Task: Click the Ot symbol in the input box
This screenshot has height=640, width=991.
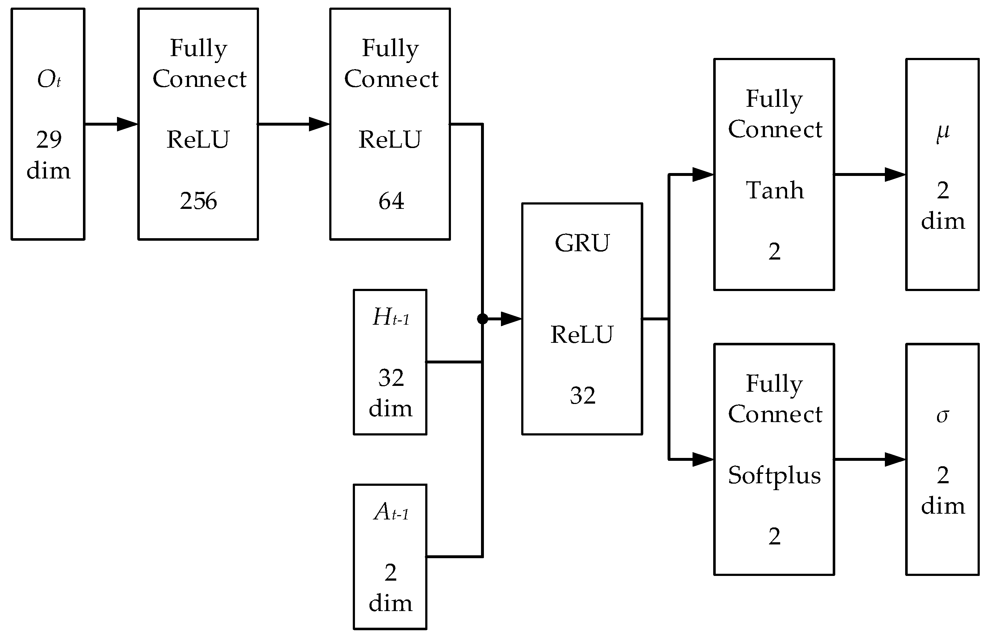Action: pyautogui.click(x=49, y=79)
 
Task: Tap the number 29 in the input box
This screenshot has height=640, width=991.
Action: pyautogui.click(x=49, y=139)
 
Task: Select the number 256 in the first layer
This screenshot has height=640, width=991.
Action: pyautogui.click(x=198, y=201)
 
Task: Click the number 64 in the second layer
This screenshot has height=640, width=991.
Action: pyautogui.click(x=390, y=201)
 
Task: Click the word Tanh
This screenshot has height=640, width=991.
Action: pyautogui.click(x=774, y=190)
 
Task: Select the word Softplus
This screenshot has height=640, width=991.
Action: pyautogui.click(x=774, y=475)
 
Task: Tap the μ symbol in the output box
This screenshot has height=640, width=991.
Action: pyautogui.click(x=942, y=132)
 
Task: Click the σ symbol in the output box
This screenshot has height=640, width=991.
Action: pyautogui.click(x=942, y=416)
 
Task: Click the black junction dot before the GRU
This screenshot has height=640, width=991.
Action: pyautogui.click(x=482, y=319)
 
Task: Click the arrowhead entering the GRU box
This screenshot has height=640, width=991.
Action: pyautogui.click(x=511, y=319)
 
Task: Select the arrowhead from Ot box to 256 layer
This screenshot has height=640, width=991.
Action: pyautogui.click(x=127, y=124)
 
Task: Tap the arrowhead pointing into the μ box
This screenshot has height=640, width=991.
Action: pyautogui.click(x=895, y=174)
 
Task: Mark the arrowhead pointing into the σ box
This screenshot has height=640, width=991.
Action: pyautogui.click(x=895, y=459)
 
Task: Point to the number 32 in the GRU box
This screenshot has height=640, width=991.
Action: pyautogui.click(x=582, y=395)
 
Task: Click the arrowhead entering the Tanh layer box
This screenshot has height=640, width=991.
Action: pyautogui.click(x=703, y=174)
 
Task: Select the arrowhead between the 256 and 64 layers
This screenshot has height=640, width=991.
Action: pyautogui.click(x=319, y=124)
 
